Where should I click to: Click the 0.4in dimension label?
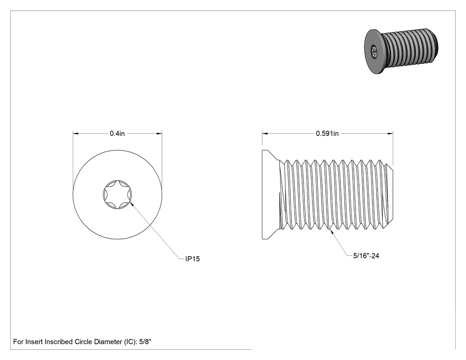[x=117, y=134]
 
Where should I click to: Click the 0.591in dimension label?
[x=327, y=134]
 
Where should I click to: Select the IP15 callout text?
[x=193, y=259]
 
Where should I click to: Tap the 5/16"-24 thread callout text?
[x=366, y=256]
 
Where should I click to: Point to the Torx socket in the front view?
[x=118, y=194]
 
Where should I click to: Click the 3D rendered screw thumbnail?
[x=401, y=51]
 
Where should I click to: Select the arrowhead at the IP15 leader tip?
[x=132, y=204]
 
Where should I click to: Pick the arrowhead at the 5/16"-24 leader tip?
[x=332, y=232]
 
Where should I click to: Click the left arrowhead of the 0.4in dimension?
[x=75, y=134]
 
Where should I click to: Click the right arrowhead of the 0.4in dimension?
[x=160, y=134]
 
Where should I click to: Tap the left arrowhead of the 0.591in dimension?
[x=265, y=134]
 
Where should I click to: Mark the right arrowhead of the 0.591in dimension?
[x=391, y=134]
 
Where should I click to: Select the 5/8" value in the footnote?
[x=145, y=341]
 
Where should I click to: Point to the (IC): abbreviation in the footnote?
[x=130, y=341]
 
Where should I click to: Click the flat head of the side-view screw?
[x=270, y=194]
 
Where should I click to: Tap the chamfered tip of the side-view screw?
[x=390, y=195]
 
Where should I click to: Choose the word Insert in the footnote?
[x=34, y=341]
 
